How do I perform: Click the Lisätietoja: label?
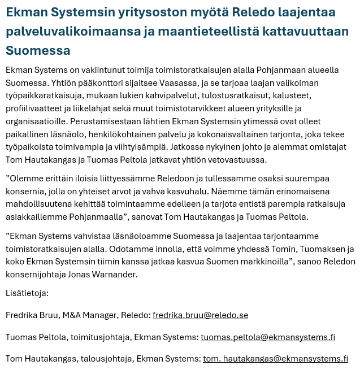click(27, 293)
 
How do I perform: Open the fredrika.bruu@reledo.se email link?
click(200, 315)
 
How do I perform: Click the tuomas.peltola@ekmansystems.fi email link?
click(267, 337)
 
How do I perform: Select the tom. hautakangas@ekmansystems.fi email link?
click(275, 359)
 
